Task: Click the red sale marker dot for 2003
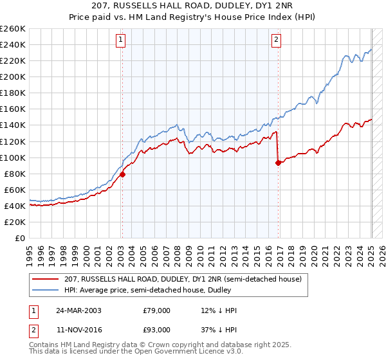(122, 174)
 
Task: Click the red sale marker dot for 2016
(278, 163)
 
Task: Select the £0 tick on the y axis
(21, 238)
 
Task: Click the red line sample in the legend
(46, 278)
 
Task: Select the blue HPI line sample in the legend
(46, 289)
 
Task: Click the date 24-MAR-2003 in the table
(78, 310)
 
